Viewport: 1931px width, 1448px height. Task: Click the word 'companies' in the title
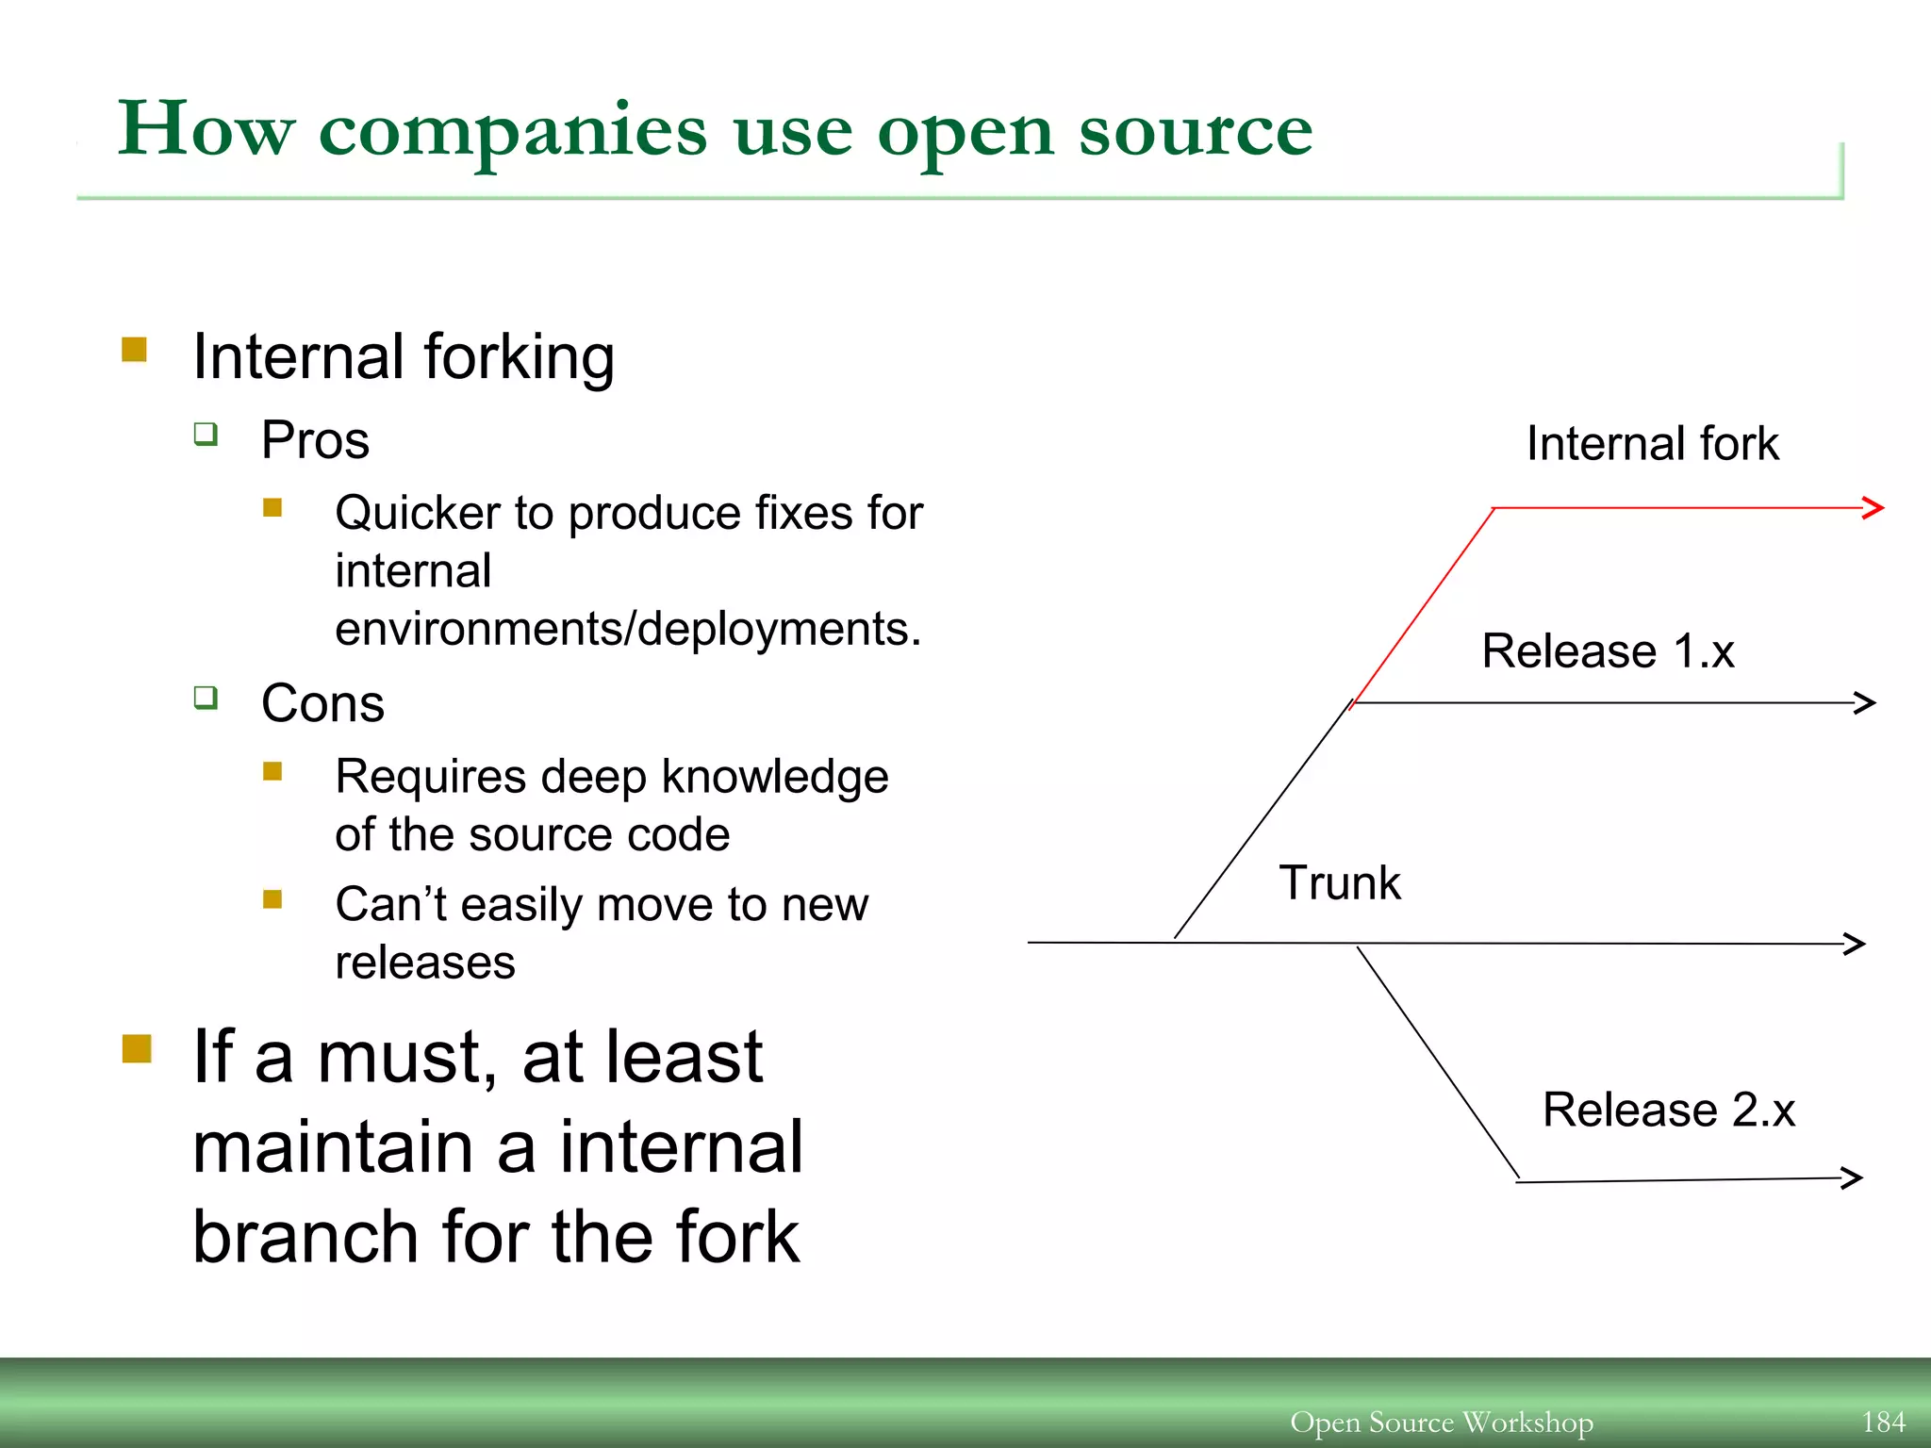512,132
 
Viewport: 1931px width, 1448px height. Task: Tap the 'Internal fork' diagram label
1652,443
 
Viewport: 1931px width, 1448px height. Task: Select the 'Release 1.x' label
1608,650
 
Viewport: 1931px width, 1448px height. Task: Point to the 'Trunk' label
1339,883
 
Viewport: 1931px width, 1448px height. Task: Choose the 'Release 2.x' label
1668,1110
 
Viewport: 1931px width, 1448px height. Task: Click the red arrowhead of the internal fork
1873,507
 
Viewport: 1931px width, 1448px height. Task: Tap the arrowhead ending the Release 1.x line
1865,702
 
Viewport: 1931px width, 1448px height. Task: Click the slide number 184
1883,1422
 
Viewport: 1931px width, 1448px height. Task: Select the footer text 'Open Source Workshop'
1441,1422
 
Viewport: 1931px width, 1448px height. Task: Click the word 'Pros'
315,440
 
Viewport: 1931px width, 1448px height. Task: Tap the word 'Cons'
322,703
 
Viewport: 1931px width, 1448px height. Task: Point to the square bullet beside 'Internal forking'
135,351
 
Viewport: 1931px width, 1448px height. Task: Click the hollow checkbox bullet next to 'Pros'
206,434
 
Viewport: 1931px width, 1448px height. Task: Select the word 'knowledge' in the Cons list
775,777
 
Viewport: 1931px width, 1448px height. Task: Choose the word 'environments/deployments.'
628,629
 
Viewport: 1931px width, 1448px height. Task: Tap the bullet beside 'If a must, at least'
137,1048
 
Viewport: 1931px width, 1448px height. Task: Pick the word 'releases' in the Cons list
425,963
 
